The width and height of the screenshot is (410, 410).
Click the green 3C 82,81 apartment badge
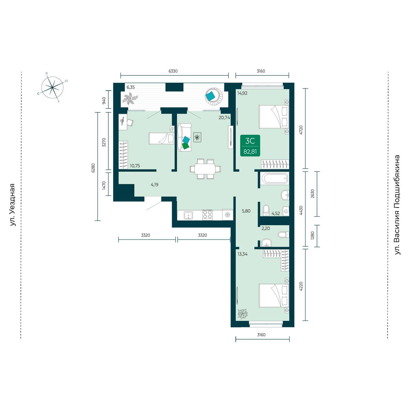click(250, 146)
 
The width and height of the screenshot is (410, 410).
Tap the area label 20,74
click(224, 117)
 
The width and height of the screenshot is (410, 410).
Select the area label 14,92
click(242, 93)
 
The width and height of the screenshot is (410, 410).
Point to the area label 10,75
click(135, 166)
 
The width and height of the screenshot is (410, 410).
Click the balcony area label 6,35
click(131, 87)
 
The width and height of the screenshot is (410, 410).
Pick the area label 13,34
click(243, 254)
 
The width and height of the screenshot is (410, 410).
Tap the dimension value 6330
click(173, 71)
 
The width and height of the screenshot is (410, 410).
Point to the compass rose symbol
click(52, 87)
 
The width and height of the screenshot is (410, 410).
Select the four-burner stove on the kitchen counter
click(207, 215)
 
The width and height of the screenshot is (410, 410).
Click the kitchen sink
click(189, 215)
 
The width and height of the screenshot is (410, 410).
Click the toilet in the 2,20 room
click(283, 235)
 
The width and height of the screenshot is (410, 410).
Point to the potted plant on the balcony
click(130, 98)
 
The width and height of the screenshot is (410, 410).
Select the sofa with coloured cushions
click(184, 137)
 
